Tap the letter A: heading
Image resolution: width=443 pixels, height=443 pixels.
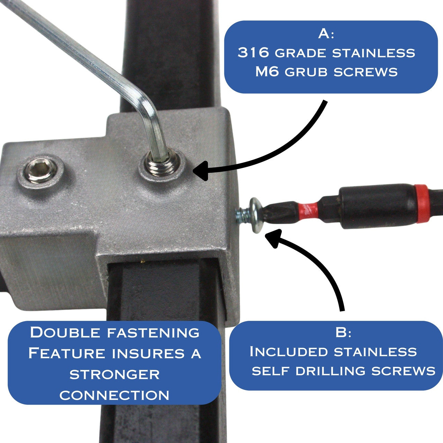click(x=326, y=34)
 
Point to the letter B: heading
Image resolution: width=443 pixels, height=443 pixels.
click(x=343, y=333)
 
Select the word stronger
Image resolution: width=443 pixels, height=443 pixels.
click(x=115, y=374)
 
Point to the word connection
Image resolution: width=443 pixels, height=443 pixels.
click(x=115, y=395)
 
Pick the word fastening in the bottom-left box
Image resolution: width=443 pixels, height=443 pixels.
click(x=153, y=333)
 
